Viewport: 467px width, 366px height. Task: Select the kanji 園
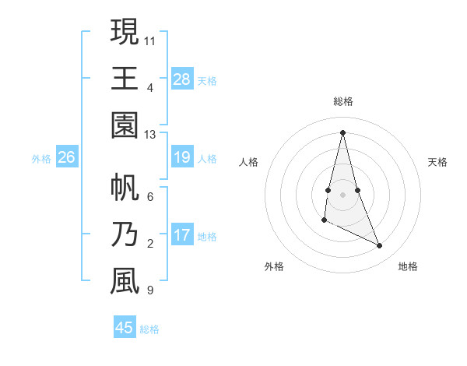(125, 125)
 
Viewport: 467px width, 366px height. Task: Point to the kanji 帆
(125, 188)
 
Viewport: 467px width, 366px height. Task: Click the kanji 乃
(125, 234)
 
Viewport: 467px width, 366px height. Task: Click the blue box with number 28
(182, 79)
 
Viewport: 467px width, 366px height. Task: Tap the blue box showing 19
(182, 158)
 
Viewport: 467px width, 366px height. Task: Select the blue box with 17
(182, 236)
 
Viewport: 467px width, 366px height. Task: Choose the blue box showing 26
(67, 158)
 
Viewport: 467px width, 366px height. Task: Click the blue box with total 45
(125, 328)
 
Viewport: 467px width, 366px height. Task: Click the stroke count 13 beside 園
(150, 135)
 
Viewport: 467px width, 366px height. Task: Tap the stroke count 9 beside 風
(149, 291)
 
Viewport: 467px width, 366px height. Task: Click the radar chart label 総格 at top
(342, 101)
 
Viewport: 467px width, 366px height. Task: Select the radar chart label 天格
(437, 162)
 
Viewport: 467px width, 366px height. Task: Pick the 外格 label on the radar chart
(274, 266)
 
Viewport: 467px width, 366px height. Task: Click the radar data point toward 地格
(380, 246)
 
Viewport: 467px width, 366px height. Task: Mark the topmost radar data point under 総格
(342, 132)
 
